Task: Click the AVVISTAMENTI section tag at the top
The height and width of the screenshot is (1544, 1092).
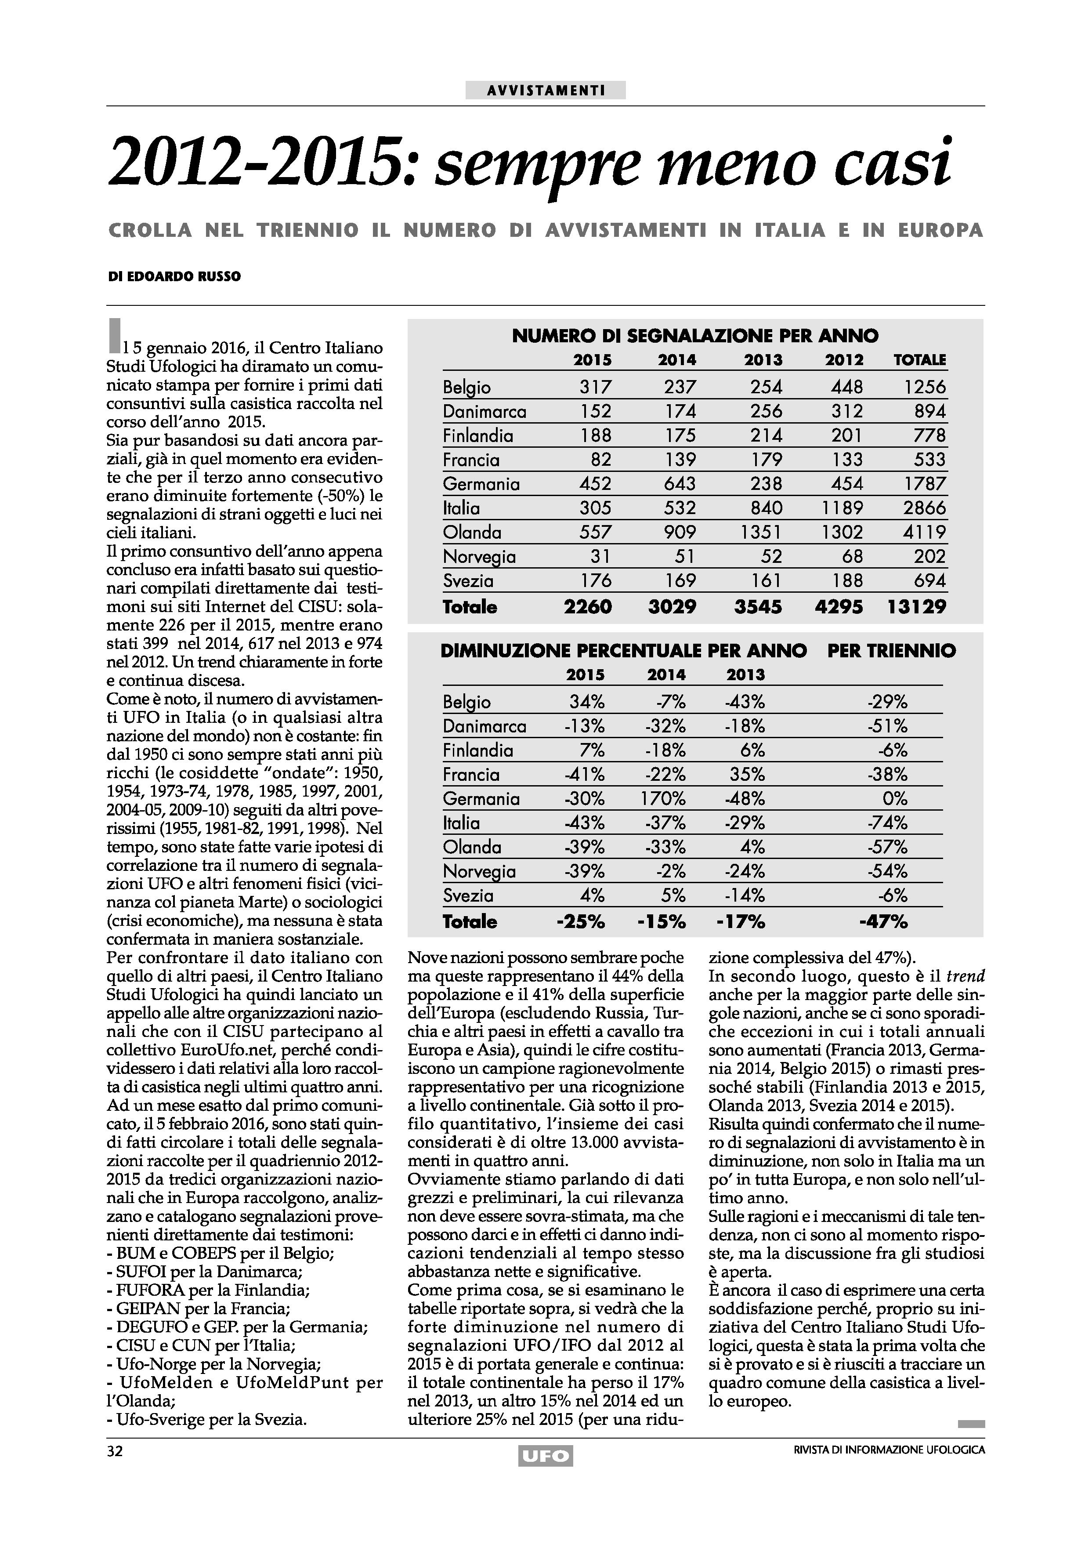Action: point(545,90)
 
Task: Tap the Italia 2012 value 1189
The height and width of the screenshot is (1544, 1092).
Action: point(842,508)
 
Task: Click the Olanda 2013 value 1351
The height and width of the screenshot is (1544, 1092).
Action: point(760,532)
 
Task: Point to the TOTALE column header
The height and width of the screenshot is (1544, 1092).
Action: point(919,360)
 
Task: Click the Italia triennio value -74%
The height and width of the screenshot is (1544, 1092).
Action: point(888,823)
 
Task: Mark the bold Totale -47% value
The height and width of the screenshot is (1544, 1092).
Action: point(883,921)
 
